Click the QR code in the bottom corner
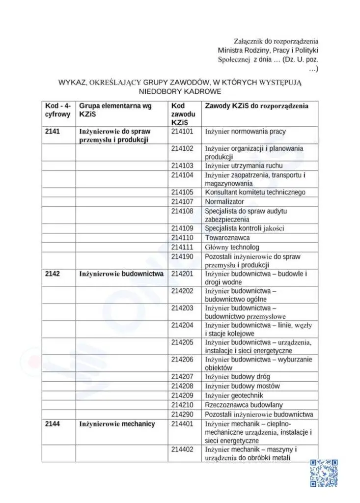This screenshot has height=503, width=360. [324, 473]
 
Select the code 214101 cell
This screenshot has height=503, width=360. [182, 132]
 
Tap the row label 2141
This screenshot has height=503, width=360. [52, 132]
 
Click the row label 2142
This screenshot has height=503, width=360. [52, 274]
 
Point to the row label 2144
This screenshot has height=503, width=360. [52, 424]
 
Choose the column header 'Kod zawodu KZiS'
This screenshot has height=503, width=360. [183, 114]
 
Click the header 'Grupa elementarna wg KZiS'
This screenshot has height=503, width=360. [115, 110]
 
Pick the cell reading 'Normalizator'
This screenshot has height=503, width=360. [224, 201]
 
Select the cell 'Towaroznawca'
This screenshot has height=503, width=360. [227, 238]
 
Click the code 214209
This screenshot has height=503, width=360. [182, 395]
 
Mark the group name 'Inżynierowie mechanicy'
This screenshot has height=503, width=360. [117, 424]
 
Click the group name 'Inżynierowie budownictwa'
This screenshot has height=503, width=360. [121, 274]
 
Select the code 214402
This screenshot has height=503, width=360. [182, 449]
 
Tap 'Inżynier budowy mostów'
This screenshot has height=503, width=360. [242, 386]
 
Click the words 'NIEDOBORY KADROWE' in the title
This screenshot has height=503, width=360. [180, 91]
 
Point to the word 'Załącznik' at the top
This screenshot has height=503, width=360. [250, 41]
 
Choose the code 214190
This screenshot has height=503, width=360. [182, 256]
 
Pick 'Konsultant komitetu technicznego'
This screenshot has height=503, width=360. [255, 192]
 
